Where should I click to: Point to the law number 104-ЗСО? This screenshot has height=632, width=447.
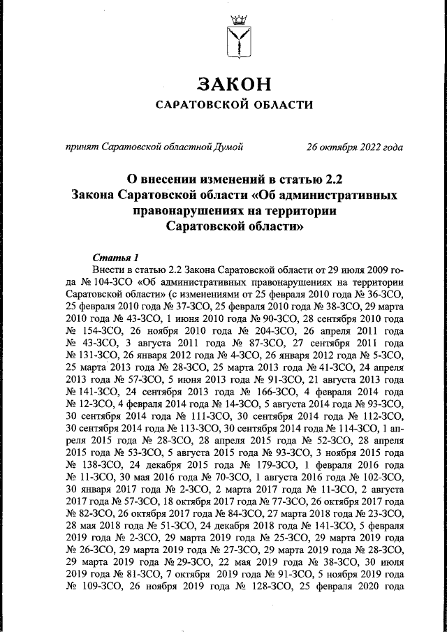click(x=106, y=282)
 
